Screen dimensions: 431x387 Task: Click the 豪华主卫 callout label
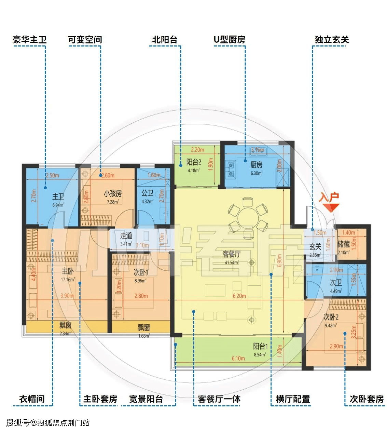pos(29,40)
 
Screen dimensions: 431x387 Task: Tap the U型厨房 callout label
pos(229,40)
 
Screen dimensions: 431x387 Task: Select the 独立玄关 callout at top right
pos(331,40)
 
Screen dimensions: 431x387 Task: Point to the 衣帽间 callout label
pos(32,399)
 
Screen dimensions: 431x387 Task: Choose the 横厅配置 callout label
pos(293,399)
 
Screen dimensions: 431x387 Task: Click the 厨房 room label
pos(256,165)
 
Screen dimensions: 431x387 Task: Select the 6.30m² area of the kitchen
pos(256,173)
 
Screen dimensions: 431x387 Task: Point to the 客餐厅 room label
pos(231,254)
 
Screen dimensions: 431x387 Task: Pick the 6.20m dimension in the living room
pos(239,296)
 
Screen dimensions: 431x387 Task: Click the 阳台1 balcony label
pos(260,346)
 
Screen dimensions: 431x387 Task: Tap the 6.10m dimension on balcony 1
pos(238,359)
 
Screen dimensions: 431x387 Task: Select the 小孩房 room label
pos(113,193)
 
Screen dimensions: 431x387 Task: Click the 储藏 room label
pos(343,244)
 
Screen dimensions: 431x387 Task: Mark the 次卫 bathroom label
pos(335,283)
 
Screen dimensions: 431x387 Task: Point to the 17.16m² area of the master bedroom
pos(68,280)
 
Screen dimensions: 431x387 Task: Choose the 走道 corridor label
pos(126,235)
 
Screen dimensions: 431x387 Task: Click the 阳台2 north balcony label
pos(194,162)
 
